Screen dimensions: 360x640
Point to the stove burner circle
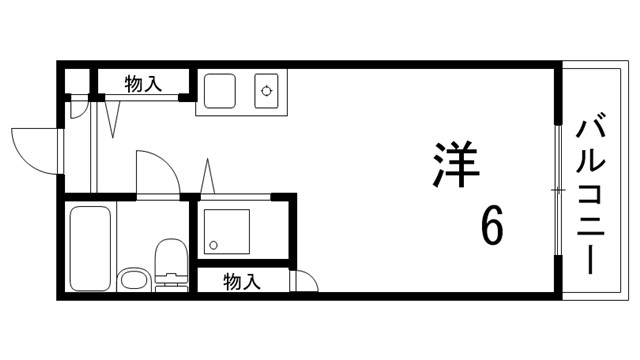click(x=267, y=92)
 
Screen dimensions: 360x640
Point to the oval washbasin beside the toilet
click(x=133, y=278)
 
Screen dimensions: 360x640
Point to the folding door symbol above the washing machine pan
click(x=208, y=178)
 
